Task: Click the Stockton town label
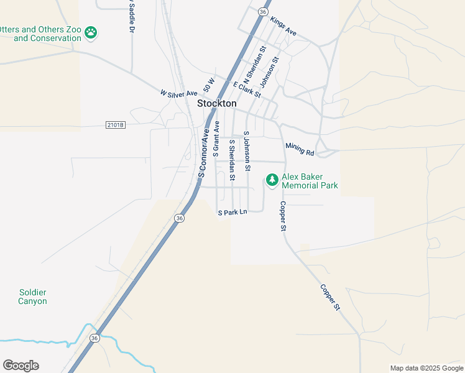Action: coord(216,104)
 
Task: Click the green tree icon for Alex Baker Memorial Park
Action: coord(272,180)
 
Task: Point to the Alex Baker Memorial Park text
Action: coord(310,181)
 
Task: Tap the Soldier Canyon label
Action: coord(32,297)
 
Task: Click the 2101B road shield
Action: coord(116,125)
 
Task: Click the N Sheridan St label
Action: coord(255,65)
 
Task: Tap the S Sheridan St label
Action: coord(232,160)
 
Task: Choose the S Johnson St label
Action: coord(247,151)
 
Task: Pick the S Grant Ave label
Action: coord(216,137)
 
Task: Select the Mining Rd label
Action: coord(300,149)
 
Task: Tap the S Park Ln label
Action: coord(233,213)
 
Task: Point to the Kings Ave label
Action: coord(283,27)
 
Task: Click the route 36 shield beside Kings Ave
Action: coord(263,12)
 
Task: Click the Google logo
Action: coord(21,366)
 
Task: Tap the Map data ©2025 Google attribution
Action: coord(426,368)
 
